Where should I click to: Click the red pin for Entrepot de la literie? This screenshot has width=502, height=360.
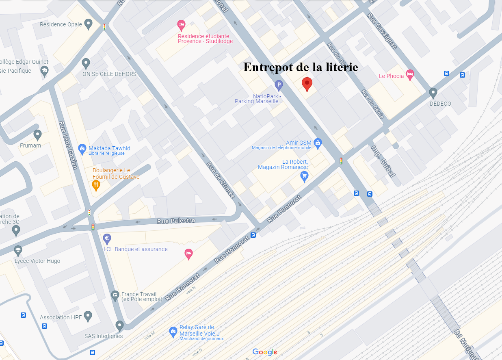pos(307,84)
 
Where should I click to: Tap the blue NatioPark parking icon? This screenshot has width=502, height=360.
pos(279,85)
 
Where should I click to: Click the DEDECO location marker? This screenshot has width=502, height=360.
pos(433,93)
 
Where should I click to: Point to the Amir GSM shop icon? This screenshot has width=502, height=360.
pos(318,142)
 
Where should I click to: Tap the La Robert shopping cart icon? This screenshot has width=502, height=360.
pos(304,176)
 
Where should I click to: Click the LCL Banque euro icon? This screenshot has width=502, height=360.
pos(107,239)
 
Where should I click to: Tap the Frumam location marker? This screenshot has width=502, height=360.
pos(38,134)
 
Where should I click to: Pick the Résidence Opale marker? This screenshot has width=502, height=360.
pos(88,24)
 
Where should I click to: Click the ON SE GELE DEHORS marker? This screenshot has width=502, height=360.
pos(86,63)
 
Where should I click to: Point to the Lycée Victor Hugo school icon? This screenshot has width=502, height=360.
pos(17,250)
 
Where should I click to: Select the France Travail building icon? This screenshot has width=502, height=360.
pos(115,295)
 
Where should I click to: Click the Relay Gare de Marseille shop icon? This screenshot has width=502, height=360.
pos(173,332)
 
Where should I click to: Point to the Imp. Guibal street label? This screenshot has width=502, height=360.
pos(383,161)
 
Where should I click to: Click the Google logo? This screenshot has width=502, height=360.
pos(265,352)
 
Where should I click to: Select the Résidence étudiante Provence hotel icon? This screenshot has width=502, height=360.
pos(181,25)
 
